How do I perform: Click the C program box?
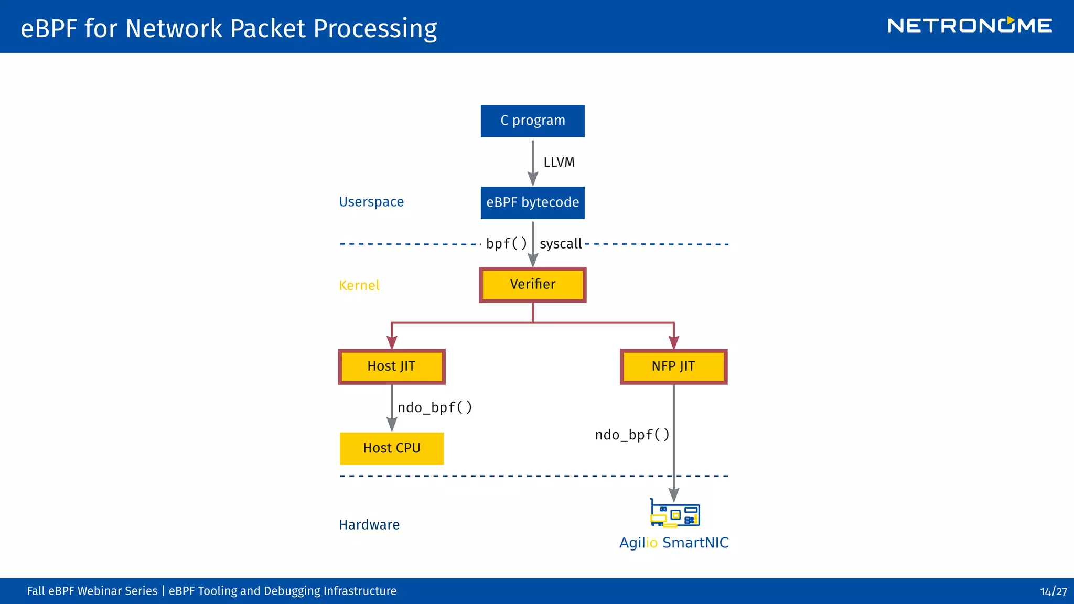coord(532,121)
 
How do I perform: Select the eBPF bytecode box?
coord(532,203)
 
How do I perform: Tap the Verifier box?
coord(532,285)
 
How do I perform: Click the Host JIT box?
coord(391,366)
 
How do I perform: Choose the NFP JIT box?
coord(673,366)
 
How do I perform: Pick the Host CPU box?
coord(391,448)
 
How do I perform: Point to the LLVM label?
coord(559,163)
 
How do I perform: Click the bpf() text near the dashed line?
coord(506,244)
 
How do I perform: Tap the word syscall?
coord(561,244)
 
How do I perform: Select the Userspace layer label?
coord(371,202)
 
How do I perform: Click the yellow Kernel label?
coord(359,285)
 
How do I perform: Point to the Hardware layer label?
coord(369,525)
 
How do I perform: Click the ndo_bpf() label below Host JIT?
coord(435,407)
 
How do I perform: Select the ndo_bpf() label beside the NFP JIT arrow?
coord(632,435)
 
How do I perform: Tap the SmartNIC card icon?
coord(675,513)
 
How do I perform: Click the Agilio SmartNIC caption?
coord(674,543)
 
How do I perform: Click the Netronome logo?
coord(969,26)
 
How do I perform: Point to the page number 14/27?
coord(1053,591)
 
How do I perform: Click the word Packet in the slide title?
coord(267,29)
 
